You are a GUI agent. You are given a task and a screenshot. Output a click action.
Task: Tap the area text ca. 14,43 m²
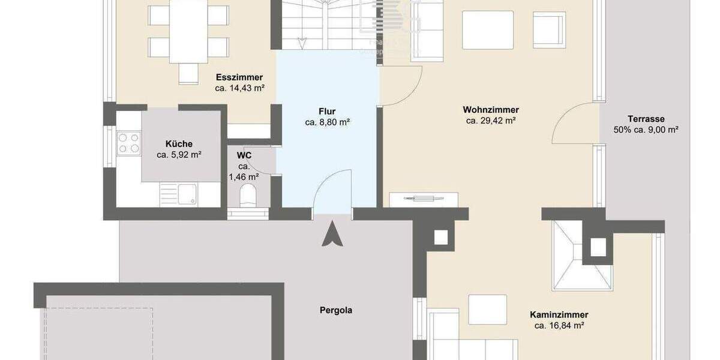point(240,88)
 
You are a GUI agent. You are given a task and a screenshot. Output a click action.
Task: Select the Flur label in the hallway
point(327,111)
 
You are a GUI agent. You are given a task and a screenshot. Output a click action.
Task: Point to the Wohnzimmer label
point(491,110)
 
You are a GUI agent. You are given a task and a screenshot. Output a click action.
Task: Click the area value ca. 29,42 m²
point(491,121)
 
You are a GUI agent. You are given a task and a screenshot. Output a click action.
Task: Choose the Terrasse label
point(646,119)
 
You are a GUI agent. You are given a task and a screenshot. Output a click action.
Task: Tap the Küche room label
point(179,144)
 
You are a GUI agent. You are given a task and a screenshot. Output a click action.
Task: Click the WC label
point(244,155)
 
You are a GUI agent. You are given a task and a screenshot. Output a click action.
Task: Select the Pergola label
point(335,310)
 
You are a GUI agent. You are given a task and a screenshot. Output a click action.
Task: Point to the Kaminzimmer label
point(559,314)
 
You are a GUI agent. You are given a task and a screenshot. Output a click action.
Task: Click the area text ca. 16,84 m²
point(559,326)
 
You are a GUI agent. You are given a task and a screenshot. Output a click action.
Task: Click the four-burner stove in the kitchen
point(129,143)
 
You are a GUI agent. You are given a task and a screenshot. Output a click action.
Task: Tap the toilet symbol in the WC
point(247,196)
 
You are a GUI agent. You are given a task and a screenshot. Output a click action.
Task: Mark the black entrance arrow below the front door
point(332,235)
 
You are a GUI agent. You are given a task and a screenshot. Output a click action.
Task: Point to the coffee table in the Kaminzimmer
point(487,310)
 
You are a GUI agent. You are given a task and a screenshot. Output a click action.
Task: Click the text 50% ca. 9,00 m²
point(646,130)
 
